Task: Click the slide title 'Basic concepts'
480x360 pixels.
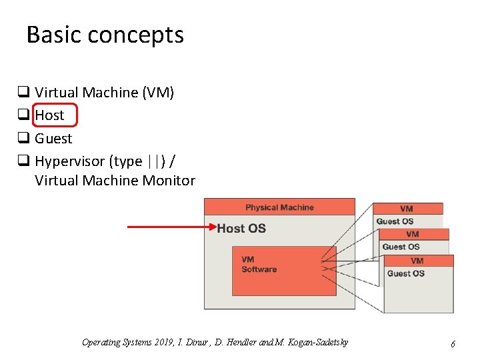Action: [105, 35]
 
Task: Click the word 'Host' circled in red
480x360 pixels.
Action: [49, 115]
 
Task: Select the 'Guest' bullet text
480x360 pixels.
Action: [53, 139]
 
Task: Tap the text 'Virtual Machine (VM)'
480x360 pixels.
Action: [104, 93]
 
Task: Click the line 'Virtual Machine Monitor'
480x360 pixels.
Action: [115, 181]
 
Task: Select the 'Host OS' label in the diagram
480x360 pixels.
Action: [241, 229]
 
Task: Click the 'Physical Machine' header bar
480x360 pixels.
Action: [279, 207]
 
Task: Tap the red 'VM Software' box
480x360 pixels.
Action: [284, 271]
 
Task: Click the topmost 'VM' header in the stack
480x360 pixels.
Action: [407, 209]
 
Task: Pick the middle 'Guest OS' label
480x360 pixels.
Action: [401, 247]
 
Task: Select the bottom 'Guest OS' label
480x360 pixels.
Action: [405, 273]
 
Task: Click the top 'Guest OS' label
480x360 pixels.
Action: [395, 221]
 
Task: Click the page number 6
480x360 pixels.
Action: [453, 344]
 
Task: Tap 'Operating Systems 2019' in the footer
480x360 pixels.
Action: [127, 343]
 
